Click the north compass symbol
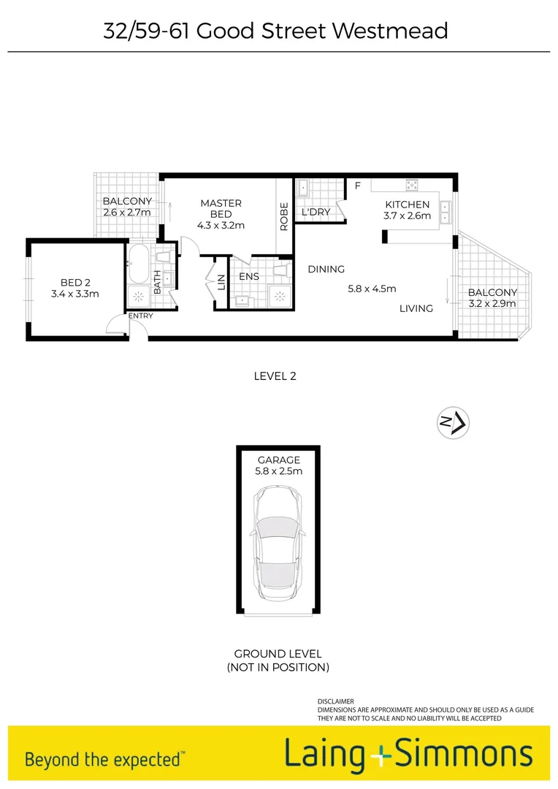point(454,422)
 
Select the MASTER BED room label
point(221,208)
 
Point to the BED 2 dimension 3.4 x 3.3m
point(74,294)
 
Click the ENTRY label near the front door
point(140,316)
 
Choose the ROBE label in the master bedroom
point(284,216)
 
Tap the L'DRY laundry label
point(316,212)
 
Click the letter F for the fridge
point(358,186)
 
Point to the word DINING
point(326,269)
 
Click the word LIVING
point(416,308)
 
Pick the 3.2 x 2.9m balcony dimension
point(492,304)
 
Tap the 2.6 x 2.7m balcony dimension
point(127,212)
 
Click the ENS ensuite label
point(249,277)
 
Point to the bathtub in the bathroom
point(138,265)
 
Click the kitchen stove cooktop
point(411,185)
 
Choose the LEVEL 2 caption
point(275,376)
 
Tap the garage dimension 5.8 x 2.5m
point(278,471)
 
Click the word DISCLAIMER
point(336,701)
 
